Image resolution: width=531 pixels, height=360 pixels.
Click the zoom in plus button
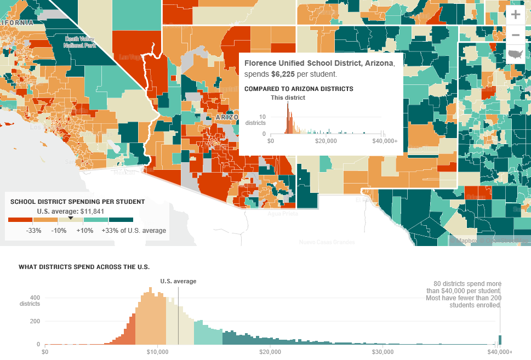tap(515, 15)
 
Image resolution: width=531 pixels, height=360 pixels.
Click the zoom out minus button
tap(515, 35)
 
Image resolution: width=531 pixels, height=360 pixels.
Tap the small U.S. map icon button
tap(515, 54)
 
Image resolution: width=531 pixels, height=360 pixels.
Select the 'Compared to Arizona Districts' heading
tap(299, 89)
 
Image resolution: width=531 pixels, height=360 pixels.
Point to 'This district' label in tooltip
tap(288, 98)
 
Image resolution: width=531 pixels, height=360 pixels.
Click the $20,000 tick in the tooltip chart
tap(326, 141)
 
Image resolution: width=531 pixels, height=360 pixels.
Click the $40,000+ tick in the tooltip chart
tap(385, 141)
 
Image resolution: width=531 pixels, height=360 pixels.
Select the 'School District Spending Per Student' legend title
tap(77, 202)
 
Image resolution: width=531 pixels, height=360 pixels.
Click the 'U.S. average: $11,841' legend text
tap(70, 211)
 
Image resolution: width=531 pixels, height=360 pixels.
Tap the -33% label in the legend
tap(35, 231)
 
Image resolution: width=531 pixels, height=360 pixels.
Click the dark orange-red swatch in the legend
tap(20, 220)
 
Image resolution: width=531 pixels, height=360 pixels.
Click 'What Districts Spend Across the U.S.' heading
tap(84, 267)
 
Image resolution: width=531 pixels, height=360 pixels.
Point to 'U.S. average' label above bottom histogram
tap(178, 281)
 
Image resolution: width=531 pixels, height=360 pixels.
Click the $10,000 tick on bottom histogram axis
tap(157, 351)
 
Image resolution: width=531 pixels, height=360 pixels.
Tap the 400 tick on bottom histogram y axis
tap(35, 298)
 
